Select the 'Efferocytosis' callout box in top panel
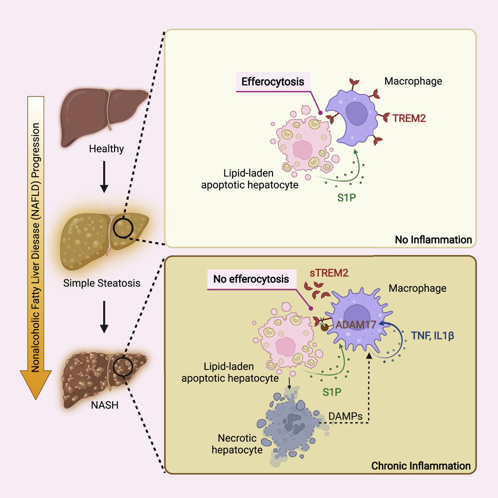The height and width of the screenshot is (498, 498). point(273,81)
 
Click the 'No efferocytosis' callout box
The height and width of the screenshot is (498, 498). point(251,279)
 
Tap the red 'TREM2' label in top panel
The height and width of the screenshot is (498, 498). point(409,118)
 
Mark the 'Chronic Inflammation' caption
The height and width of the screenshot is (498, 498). point(420,466)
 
